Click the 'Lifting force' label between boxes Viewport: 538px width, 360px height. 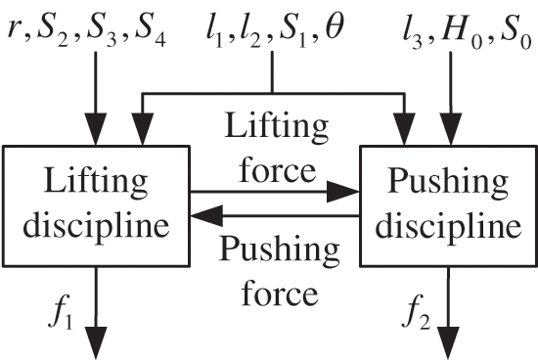[269, 150]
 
